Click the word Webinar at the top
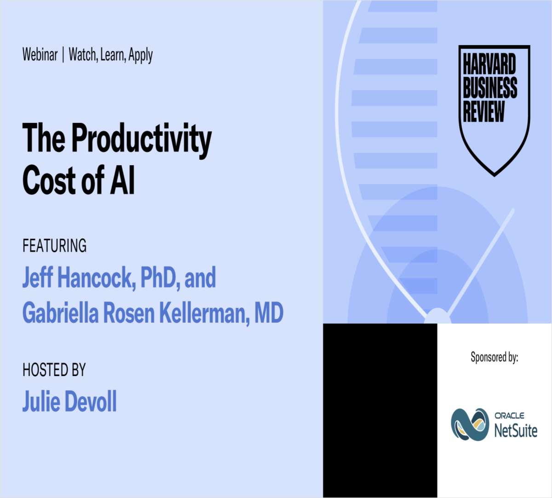(40, 54)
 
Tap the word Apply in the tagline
(141, 55)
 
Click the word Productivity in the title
(141, 138)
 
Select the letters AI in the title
(122, 180)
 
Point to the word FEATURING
(54, 246)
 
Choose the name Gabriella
(60, 313)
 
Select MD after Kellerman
(269, 313)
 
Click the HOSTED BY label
(54, 370)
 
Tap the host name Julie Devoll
(69, 401)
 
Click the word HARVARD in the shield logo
(489, 64)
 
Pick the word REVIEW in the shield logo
(484, 111)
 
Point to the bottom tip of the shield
(494, 174)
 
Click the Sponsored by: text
(494, 357)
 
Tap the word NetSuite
(516, 431)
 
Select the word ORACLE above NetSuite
(510, 416)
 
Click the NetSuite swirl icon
(469, 424)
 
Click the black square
(380, 410)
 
